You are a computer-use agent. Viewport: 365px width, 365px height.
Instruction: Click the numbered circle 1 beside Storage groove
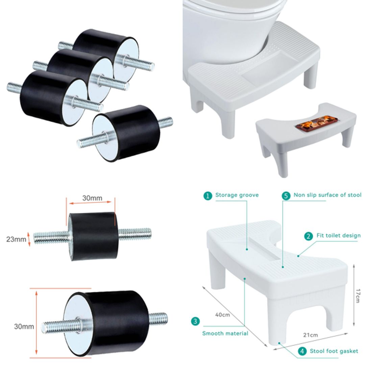(x=208, y=195)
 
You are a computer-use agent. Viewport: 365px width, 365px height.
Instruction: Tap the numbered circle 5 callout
(x=286, y=196)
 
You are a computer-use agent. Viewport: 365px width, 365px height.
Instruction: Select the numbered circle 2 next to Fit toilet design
(x=308, y=236)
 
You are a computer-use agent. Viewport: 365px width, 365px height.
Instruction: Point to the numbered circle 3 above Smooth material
(x=195, y=321)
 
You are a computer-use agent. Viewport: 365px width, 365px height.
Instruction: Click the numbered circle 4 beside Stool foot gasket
(x=302, y=351)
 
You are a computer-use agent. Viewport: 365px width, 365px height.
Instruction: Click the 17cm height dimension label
(x=359, y=296)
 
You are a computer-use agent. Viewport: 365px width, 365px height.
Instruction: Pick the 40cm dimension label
(x=222, y=315)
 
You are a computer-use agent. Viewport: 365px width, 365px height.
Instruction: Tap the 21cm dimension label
(x=310, y=335)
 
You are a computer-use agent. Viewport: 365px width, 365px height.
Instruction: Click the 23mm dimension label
(x=16, y=239)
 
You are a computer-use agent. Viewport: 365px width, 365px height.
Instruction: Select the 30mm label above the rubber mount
(x=92, y=198)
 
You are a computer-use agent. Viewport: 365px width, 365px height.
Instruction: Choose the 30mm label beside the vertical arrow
(x=24, y=326)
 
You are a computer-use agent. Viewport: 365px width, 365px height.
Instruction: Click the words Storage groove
(x=237, y=195)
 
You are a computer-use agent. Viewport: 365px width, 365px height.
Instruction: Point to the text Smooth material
(x=225, y=333)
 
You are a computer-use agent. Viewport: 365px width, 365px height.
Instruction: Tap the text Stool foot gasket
(x=334, y=351)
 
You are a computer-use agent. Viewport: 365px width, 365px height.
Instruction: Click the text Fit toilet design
(x=338, y=236)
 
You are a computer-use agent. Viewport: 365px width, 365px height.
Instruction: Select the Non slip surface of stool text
(x=327, y=195)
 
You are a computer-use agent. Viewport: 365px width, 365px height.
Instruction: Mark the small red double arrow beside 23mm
(x=29, y=239)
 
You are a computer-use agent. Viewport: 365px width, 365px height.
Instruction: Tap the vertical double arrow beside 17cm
(x=353, y=294)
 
